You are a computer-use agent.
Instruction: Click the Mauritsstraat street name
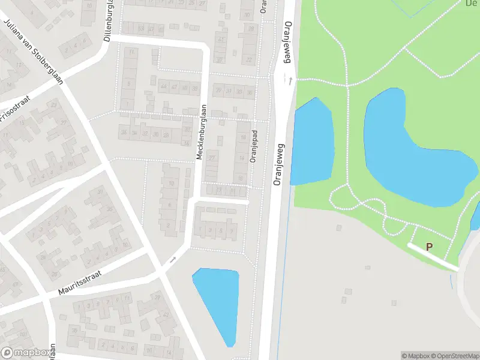pos(80,283)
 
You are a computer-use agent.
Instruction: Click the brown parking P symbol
pos(429,247)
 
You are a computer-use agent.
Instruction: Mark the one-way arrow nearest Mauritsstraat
pos(173,260)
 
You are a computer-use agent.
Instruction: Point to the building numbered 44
pos(163,88)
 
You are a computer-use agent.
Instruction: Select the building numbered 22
pos(248,59)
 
